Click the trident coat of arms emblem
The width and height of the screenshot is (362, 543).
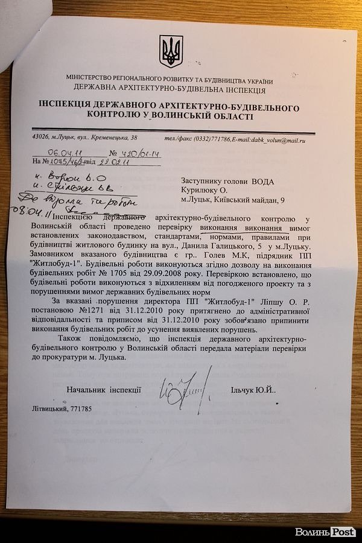tap(171, 51)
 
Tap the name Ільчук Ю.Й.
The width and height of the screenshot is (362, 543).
tap(253, 391)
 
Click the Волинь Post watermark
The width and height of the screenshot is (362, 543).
tap(325, 532)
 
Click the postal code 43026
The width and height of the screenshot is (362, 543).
tap(43, 138)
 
